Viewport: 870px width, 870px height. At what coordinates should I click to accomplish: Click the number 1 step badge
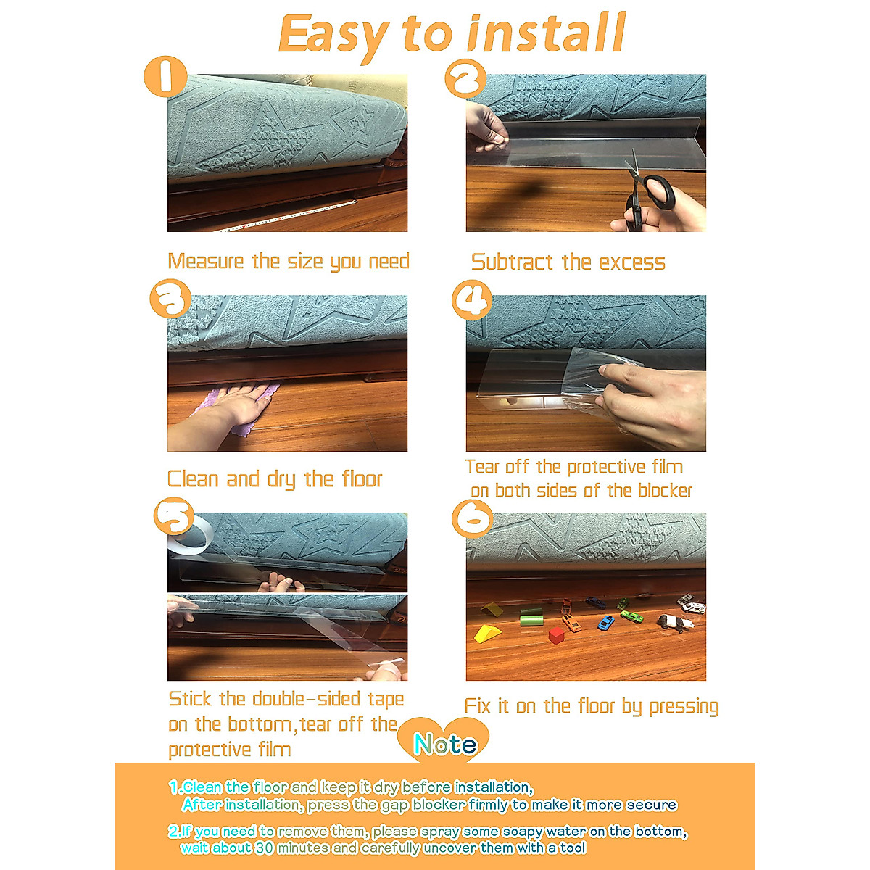pos(165,76)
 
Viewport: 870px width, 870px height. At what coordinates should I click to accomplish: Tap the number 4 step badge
pos(471,299)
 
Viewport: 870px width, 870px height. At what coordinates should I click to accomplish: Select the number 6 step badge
pos(471,519)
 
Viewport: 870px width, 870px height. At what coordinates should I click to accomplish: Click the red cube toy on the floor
pos(556,636)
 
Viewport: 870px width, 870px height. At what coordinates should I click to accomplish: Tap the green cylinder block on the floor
pos(531,618)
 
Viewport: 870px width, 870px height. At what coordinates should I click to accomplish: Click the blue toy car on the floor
pos(606,622)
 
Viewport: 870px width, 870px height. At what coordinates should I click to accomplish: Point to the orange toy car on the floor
pos(571,623)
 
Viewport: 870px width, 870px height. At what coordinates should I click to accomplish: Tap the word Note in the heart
pos(444,745)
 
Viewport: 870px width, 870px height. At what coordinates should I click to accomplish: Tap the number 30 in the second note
pos(264,848)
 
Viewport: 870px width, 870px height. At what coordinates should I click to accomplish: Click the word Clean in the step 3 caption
pos(194,479)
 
